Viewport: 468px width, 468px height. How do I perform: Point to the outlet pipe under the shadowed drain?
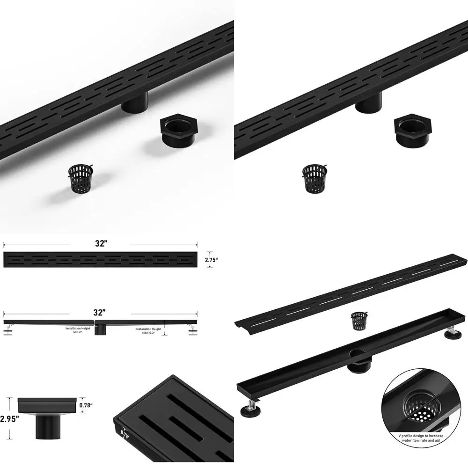(x=135, y=102)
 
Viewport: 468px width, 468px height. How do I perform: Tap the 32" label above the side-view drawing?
(x=100, y=313)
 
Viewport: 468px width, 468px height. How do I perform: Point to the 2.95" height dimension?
(x=10, y=419)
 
